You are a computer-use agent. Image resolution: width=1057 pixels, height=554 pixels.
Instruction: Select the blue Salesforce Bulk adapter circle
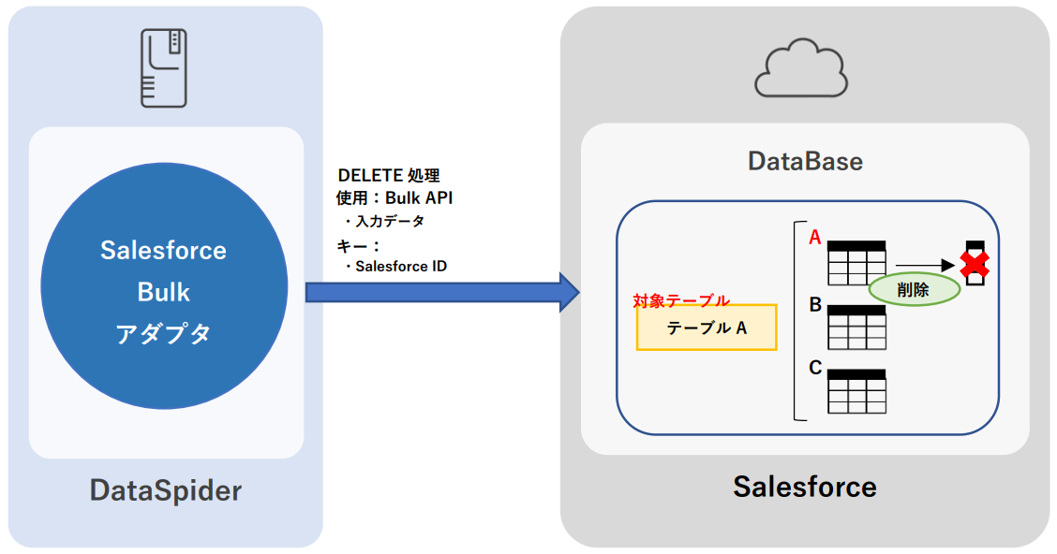click(164, 291)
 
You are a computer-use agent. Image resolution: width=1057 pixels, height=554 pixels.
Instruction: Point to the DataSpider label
click(166, 490)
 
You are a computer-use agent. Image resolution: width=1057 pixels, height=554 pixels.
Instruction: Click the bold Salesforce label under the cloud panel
click(805, 487)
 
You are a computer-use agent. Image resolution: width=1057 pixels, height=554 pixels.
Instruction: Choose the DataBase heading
click(805, 161)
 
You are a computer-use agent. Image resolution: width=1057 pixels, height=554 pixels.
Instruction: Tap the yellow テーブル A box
click(707, 328)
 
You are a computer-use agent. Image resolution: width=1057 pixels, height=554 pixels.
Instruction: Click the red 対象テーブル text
click(681, 300)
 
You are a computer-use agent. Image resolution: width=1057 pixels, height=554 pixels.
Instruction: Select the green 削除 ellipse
click(914, 290)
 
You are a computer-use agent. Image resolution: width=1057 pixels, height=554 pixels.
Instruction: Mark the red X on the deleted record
click(975, 266)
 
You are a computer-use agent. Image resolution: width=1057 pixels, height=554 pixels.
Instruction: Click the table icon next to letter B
click(856, 327)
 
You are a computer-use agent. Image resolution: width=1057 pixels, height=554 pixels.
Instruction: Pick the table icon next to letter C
click(856, 391)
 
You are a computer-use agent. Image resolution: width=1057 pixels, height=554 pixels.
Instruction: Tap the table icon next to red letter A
click(856, 263)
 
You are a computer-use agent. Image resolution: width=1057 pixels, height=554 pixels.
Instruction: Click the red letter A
click(815, 239)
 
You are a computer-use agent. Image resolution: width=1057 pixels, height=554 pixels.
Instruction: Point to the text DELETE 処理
click(389, 175)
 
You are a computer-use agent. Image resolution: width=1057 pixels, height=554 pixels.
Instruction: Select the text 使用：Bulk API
click(395, 197)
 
